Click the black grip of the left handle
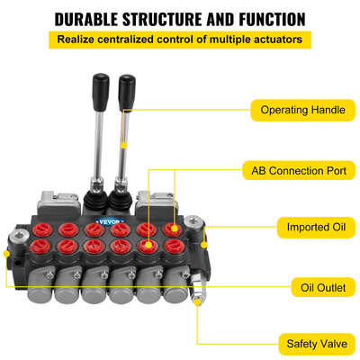[98, 91]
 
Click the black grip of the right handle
[126, 91]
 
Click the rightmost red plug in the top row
[174, 230]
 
